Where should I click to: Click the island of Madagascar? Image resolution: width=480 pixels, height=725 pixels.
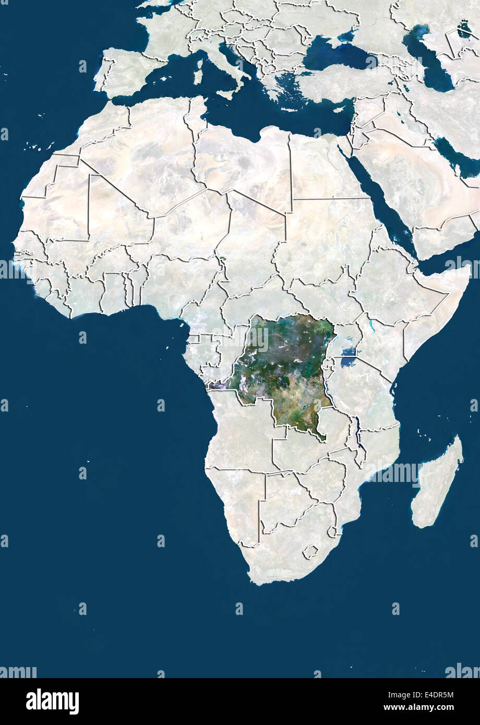(x=437, y=482)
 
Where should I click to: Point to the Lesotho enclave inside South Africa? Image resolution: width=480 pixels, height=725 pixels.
(x=311, y=551)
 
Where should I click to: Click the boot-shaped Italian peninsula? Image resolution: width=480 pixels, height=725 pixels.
(x=219, y=57)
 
